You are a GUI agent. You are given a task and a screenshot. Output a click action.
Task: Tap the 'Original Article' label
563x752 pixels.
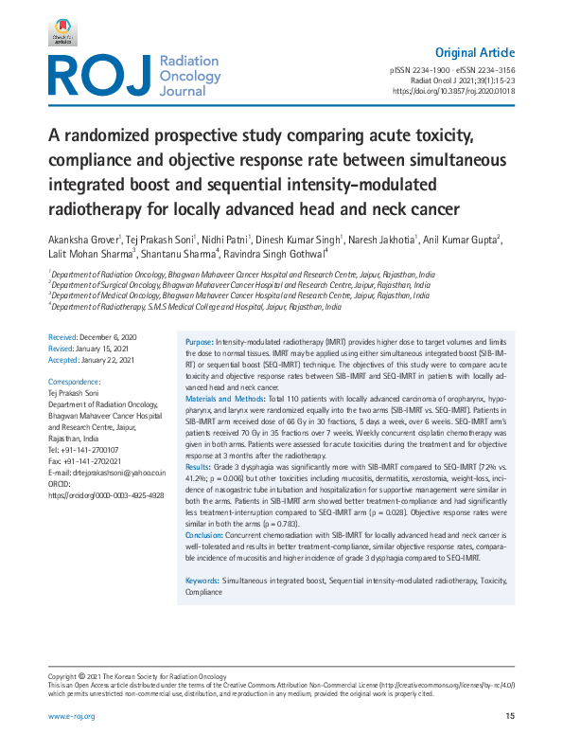point(475,52)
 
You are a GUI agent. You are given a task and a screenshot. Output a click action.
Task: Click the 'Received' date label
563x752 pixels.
point(63,337)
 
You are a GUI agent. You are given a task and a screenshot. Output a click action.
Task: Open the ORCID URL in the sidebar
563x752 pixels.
point(106,494)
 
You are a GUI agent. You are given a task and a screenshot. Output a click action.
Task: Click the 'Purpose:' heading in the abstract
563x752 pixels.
point(199,341)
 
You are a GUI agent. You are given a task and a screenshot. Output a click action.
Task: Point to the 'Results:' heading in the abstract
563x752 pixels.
point(198,467)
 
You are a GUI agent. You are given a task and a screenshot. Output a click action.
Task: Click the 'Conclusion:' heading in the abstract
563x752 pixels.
point(204,536)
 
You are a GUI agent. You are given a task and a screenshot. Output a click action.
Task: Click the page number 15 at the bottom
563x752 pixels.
point(510,716)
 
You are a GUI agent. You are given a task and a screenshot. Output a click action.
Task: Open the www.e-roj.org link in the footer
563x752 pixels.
point(72,716)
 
